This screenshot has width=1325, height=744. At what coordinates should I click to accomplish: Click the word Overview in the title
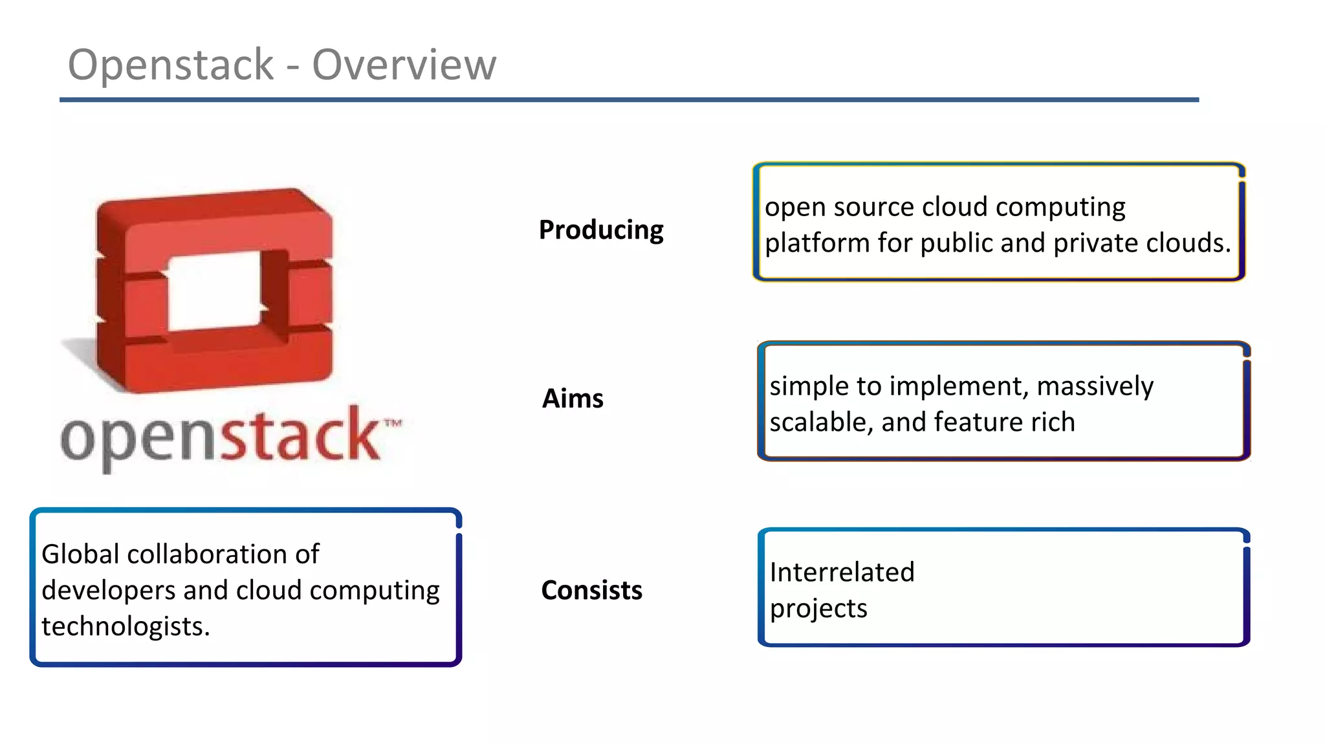404,65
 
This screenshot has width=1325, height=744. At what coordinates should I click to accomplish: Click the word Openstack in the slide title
171,65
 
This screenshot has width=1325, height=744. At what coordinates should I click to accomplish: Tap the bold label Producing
601,230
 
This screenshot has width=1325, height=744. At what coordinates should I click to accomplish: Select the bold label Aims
573,399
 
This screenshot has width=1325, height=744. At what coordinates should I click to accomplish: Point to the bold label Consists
591,590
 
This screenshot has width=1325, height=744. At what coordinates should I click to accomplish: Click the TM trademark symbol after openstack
393,424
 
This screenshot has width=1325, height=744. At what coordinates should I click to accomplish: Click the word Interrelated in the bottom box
842,573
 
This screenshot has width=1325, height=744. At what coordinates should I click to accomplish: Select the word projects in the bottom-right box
818,609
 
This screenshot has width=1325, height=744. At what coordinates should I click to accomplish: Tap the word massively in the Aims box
1095,386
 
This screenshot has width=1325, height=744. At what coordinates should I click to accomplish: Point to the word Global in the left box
80,554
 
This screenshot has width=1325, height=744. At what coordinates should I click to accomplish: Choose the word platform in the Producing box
817,244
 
